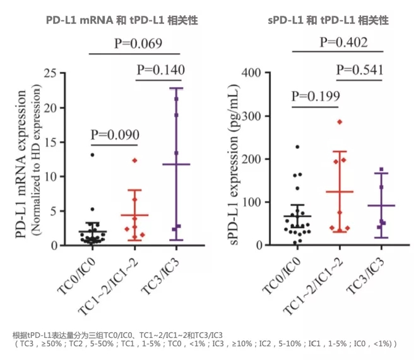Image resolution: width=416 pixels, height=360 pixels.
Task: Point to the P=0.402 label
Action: (x=344, y=43)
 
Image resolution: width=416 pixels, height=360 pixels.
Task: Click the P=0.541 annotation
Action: (x=359, y=69)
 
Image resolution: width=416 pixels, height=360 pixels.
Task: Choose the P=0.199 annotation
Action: (x=316, y=96)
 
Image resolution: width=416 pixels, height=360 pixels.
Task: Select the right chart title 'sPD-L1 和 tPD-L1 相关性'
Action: (x=327, y=20)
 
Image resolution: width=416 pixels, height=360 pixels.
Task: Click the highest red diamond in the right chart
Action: (x=340, y=121)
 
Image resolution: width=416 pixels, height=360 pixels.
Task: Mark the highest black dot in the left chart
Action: (x=92, y=155)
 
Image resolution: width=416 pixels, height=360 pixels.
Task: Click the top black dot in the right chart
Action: (x=297, y=147)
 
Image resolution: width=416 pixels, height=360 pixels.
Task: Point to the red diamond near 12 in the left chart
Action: (x=134, y=160)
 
